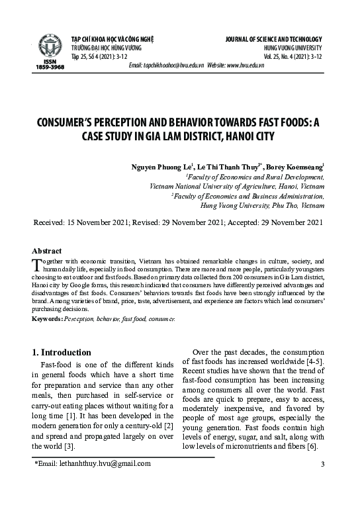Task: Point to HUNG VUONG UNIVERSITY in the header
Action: tap(292, 48)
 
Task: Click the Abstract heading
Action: tap(47, 251)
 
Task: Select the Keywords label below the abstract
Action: tap(47, 319)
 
